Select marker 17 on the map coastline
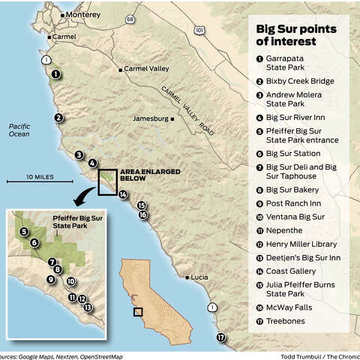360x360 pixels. [221, 337]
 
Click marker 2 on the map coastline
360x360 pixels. [59, 117]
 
